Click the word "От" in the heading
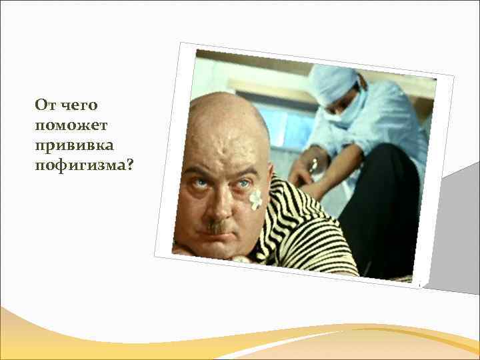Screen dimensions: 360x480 click(x=45, y=105)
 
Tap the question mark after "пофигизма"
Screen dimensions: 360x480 click(x=129, y=165)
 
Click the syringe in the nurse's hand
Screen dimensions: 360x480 click(x=312, y=164)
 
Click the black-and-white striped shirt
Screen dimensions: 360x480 click(x=300, y=233)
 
